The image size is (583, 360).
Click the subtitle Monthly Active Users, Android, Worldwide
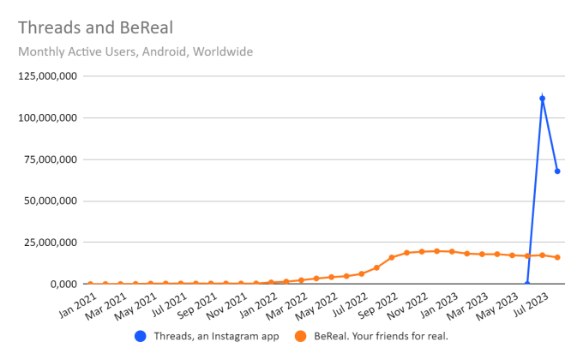(x=135, y=51)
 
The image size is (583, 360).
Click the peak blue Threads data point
(x=542, y=99)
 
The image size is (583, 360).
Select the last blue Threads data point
(x=557, y=171)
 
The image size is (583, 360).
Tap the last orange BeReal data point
(x=557, y=257)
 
